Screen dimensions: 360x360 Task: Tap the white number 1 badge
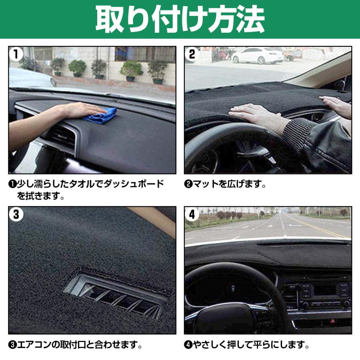(16, 54)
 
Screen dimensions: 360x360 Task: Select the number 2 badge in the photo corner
(192, 54)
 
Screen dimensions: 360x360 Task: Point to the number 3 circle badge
(16, 214)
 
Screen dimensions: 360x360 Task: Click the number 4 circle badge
(192, 214)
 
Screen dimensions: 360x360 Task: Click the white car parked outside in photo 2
(258, 55)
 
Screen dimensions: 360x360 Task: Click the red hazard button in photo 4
(332, 322)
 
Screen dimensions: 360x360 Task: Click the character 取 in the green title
(110, 19)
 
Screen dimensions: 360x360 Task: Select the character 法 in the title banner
(251, 19)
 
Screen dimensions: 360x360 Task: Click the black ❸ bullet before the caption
(12, 345)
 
